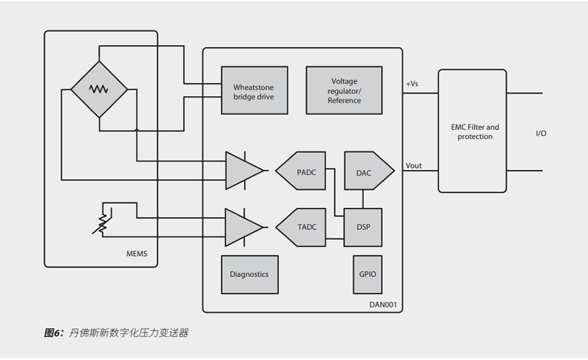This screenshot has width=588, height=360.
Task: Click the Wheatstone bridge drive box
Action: [x=254, y=91]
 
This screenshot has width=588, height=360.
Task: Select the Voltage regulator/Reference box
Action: [x=344, y=91]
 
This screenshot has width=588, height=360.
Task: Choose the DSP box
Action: [x=363, y=227]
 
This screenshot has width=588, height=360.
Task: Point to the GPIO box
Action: [x=367, y=274]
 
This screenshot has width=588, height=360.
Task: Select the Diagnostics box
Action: [x=249, y=274]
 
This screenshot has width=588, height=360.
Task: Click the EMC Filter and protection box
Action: [x=472, y=131]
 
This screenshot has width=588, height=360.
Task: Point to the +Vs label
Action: [x=413, y=84]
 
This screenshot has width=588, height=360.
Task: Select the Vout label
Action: [x=414, y=165]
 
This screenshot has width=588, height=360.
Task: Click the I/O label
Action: [x=541, y=133]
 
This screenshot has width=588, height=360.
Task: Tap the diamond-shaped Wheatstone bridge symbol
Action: [x=99, y=90]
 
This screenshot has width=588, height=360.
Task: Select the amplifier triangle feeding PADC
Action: [x=242, y=171]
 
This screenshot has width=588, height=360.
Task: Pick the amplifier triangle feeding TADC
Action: [x=242, y=227]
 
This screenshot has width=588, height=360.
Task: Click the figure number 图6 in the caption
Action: [x=52, y=333]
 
